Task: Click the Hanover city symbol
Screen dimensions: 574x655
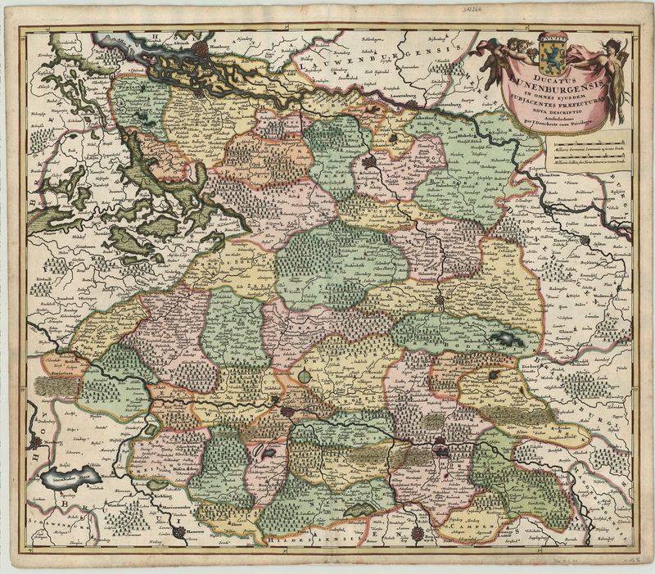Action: click(178, 532)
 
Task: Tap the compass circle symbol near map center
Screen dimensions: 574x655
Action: click(305, 376)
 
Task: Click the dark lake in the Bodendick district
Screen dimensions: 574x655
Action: click(501, 337)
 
